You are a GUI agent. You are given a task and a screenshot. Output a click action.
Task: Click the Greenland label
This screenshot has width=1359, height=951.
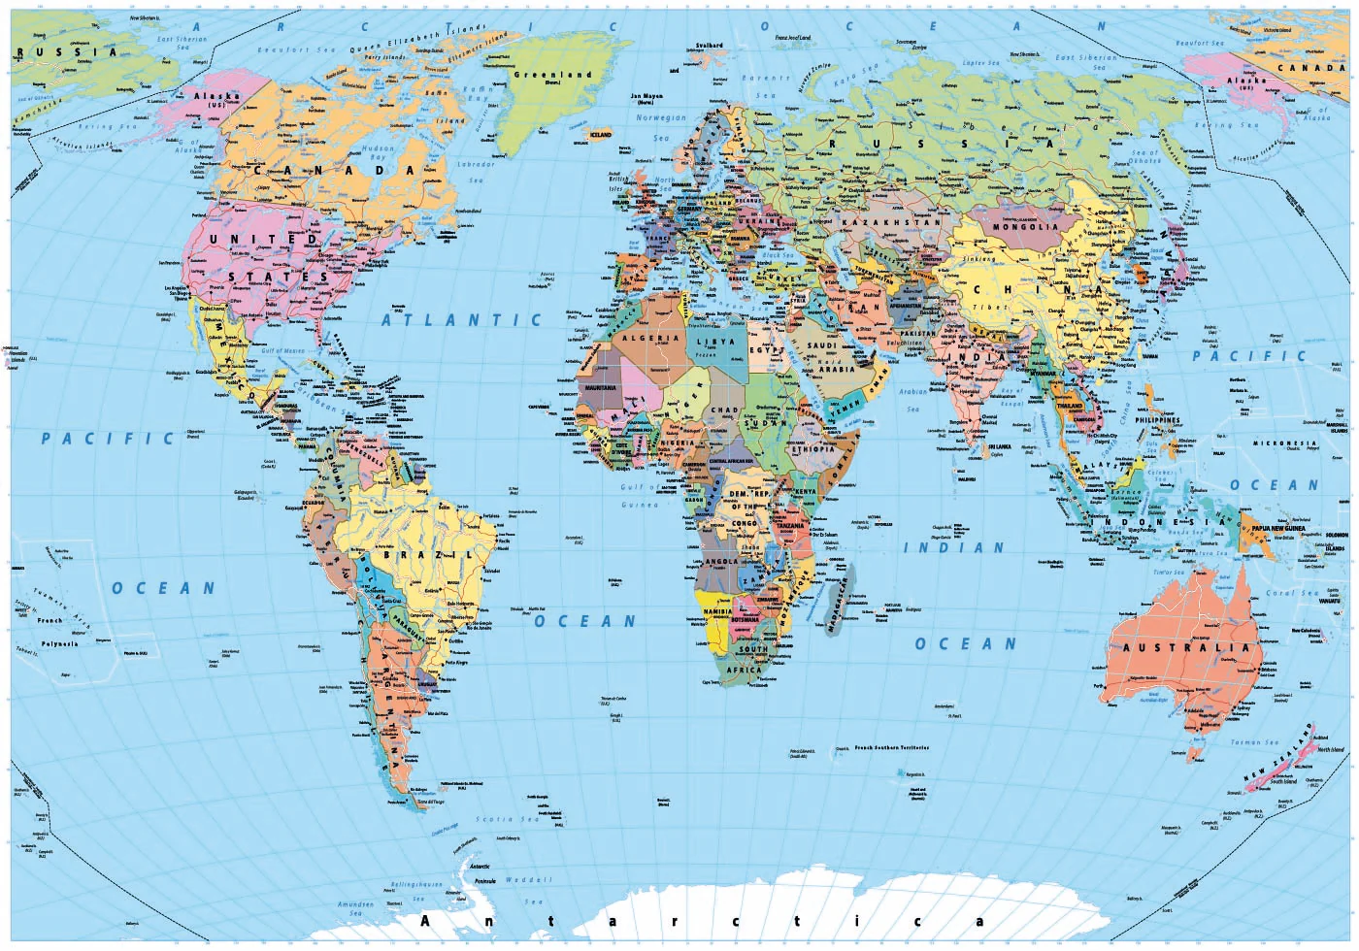[x=552, y=75]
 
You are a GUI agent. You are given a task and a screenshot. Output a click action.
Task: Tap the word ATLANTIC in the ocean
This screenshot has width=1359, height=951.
[x=461, y=319]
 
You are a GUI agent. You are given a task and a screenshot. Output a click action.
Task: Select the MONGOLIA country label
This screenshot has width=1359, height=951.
[x=1026, y=227]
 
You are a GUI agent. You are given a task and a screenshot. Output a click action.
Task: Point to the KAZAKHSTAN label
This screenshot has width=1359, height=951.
[x=891, y=222]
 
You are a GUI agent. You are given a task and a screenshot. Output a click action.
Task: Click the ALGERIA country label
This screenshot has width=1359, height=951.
[x=650, y=338]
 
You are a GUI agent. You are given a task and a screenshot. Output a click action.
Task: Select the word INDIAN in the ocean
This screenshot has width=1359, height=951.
[x=954, y=548]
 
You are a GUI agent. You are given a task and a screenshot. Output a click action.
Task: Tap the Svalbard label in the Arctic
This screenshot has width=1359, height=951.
[x=710, y=46]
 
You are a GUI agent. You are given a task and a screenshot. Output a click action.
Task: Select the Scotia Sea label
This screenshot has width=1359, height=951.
[x=507, y=820]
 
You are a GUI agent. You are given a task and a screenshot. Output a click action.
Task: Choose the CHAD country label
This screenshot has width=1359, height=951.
[x=724, y=410]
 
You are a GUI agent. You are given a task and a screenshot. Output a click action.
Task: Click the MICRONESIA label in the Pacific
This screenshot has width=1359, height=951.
[x=1283, y=443]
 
